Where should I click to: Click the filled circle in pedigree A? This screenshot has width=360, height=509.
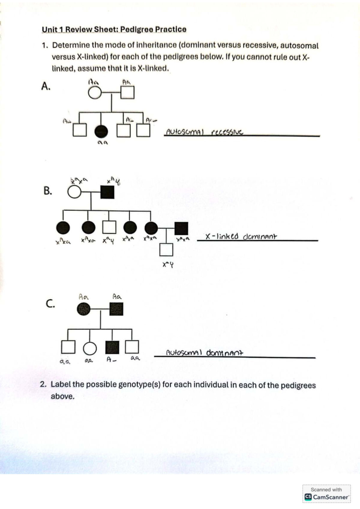(101, 131)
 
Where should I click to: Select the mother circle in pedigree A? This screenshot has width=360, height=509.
(95, 93)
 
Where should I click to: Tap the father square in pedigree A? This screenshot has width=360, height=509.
(127, 93)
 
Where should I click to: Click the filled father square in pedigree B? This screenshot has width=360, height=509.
(107, 192)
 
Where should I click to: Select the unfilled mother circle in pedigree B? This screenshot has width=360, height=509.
(74, 192)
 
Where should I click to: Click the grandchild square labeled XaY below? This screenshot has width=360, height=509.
(166, 249)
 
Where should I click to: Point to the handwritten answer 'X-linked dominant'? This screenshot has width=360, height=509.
(241, 237)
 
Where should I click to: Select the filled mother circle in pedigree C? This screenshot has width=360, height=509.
(84, 309)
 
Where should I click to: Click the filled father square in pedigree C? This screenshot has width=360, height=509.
(116, 309)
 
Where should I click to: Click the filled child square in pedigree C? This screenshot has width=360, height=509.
(112, 347)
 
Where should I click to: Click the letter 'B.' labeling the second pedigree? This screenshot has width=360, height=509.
(48, 191)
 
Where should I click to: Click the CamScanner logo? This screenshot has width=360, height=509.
(308, 497)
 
